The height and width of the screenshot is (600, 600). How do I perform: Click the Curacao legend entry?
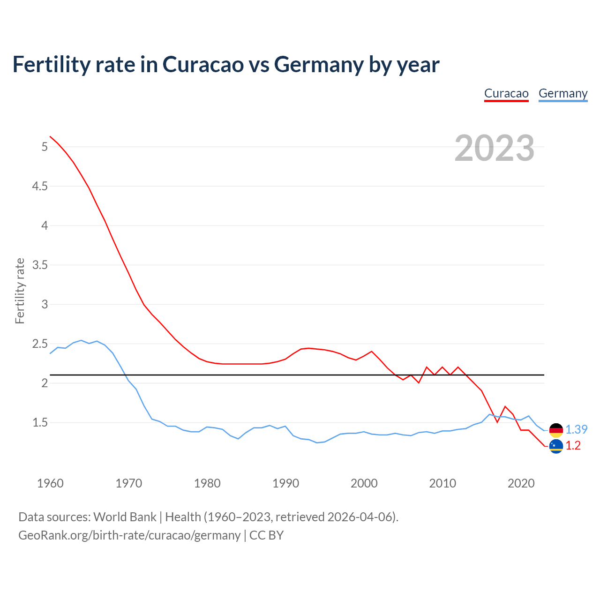tap(506, 94)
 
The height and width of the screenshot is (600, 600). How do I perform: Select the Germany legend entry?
tap(563, 94)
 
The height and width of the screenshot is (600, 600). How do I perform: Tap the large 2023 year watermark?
tap(495, 148)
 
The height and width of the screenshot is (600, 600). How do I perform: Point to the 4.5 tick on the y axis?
tap(40, 187)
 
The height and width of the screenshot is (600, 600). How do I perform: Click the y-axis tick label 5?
tap(45, 147)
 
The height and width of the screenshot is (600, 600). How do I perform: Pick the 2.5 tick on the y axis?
tap(40, 344)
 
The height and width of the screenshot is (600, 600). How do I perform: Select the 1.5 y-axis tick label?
tap(40, 423)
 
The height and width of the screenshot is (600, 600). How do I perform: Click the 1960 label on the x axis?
tap(50, 483)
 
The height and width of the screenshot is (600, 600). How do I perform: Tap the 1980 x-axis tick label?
tap(207, 483)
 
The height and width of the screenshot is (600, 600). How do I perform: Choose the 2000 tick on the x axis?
tap(364, 483)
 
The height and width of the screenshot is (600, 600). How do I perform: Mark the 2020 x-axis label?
tap(521, 483)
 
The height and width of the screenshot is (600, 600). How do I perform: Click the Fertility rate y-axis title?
tap(20, 291)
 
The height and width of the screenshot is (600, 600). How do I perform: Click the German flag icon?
tap(556, 430)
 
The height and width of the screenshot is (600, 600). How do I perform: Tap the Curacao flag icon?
tap(556, 446)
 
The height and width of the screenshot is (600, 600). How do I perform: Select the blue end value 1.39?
tap(576, 429)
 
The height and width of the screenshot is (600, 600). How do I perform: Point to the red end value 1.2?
tap(573, 446)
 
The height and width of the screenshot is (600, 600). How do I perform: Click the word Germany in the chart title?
tap(319, 65)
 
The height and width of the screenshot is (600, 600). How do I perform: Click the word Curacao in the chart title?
tap(203, 65)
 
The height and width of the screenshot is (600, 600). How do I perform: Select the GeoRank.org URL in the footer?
tap(129, 535)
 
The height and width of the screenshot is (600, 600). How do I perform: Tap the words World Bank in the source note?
tap(125, 517)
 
